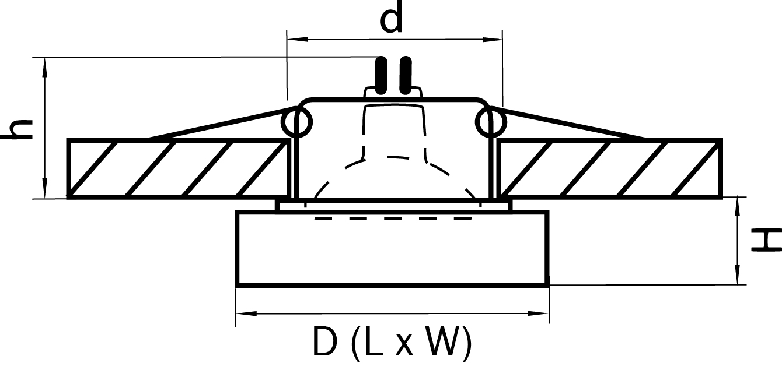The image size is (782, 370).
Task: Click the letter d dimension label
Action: tap(391, 17)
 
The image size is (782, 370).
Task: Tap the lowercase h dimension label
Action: tap(17, 130)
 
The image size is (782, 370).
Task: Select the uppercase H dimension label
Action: tap(766, 239)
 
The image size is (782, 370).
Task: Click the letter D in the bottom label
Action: tap(325, 341)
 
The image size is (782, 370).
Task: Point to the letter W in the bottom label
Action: tap(441, 341)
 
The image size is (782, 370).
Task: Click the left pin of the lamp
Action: tap(381, 75)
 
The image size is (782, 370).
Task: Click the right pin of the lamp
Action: tap(406, 75)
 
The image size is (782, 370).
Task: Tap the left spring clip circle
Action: tap(296, 122)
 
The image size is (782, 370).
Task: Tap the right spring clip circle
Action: tap(490, 122)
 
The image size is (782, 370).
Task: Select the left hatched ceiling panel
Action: tap(179, 169)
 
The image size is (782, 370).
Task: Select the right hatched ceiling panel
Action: tap(609, 169)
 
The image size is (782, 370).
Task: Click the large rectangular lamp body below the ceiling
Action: tap(392, 249)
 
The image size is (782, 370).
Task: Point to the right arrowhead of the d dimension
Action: tap(492, 39)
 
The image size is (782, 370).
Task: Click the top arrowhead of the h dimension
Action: tap(45, 68)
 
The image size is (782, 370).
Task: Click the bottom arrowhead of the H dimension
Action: tap(737, 274)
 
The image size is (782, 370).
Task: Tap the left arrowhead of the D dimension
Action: tap(246, 313)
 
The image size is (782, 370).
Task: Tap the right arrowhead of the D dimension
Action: tap(538, 313)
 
